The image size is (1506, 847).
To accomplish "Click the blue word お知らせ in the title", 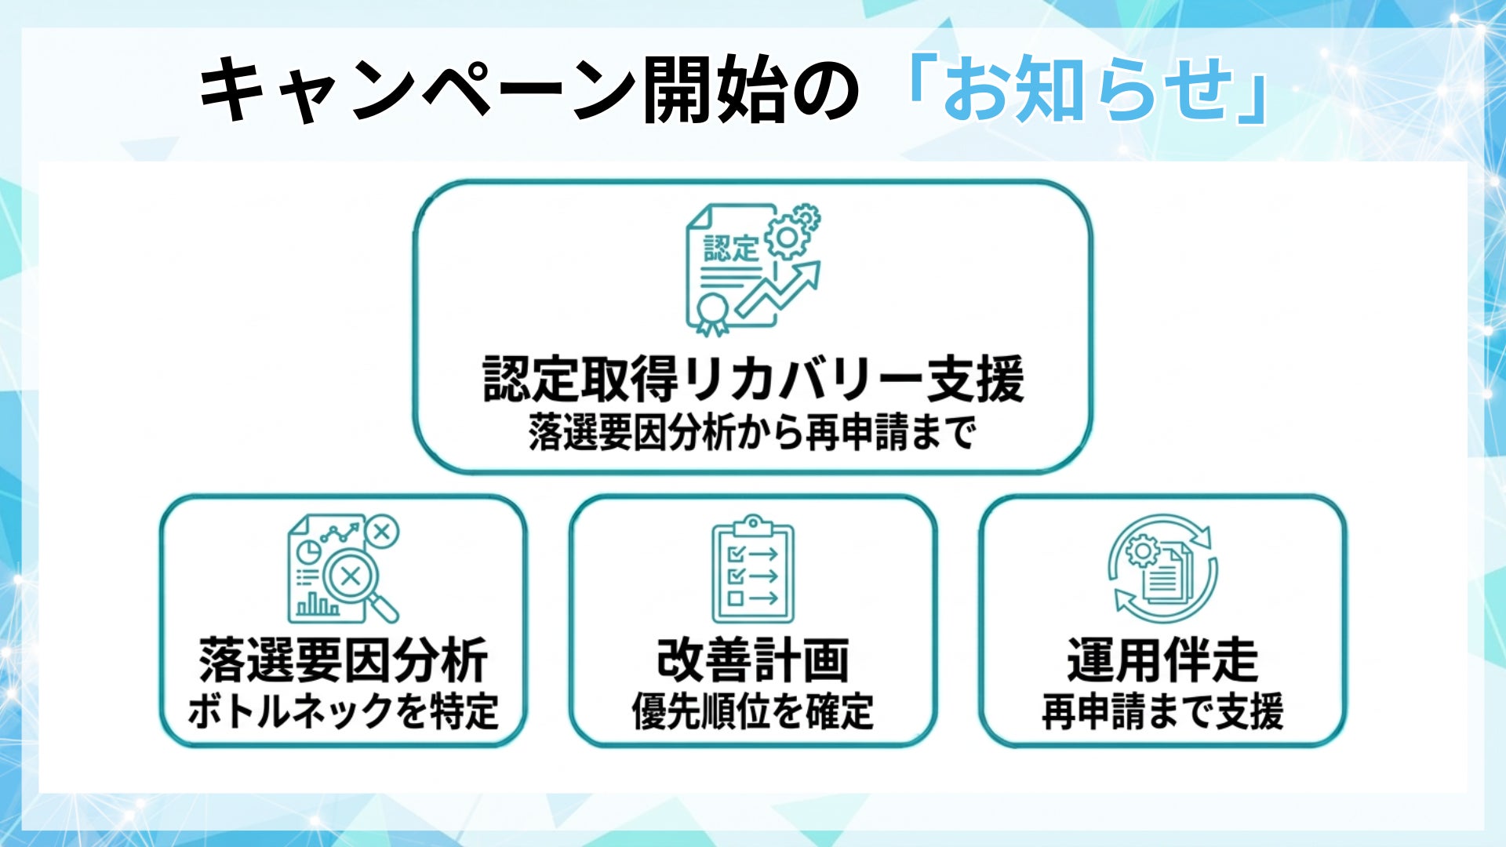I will (x=1087, y=89).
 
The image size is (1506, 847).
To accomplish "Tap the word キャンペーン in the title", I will (x=416, y=89).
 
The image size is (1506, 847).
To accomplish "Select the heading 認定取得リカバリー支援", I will (x=753, y=379).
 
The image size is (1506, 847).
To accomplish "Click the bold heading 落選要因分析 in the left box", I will (x=344, y=661).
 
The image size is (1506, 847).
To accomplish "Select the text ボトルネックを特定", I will (x=344, y=712).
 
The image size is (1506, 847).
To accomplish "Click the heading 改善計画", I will (x=753, y=661).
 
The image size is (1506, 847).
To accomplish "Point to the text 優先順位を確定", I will (x=753, y=712).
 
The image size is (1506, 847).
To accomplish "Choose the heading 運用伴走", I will (x=1162, y=661).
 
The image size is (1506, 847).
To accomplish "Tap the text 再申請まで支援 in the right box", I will (x=1162, y=712).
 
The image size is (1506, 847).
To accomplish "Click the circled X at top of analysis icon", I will (x=382, y=532).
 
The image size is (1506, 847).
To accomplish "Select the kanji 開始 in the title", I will (x=714, y=89).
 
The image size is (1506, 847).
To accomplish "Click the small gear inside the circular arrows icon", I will (x=1142, y=551).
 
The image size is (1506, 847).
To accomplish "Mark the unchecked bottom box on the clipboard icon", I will (x=736, y=598).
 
